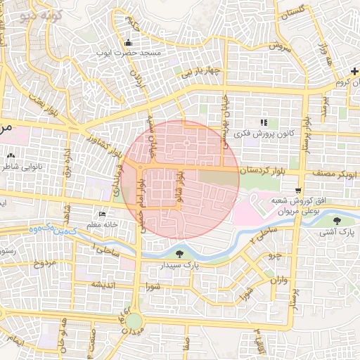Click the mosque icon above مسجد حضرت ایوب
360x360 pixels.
127,43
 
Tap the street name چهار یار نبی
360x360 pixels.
203,72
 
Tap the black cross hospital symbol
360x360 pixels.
354,73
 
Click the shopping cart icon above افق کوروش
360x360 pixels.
299,191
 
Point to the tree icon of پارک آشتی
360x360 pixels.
337,221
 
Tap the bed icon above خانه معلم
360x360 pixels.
103,214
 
